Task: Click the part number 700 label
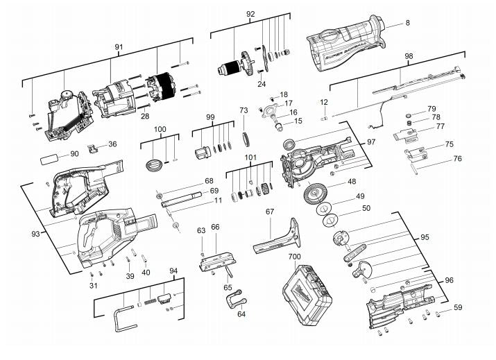295,257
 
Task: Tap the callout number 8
407,23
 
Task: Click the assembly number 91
119,47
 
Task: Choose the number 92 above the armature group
250,14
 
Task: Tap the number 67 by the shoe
270,211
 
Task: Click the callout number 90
74,153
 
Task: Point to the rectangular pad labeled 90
51,159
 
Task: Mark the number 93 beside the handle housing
35,234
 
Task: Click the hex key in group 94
122,315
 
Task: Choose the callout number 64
241,314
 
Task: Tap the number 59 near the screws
458,307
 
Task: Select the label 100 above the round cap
160,130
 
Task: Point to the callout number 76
457,159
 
